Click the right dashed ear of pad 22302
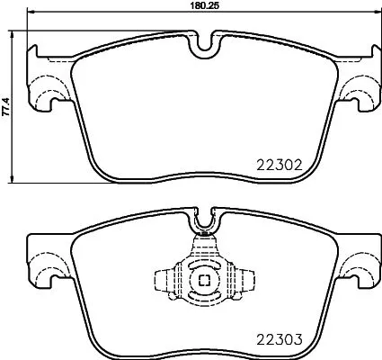(x=359, y=90)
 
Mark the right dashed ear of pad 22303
(x=359, y=266)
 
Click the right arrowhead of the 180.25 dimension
(x=377, y=13)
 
